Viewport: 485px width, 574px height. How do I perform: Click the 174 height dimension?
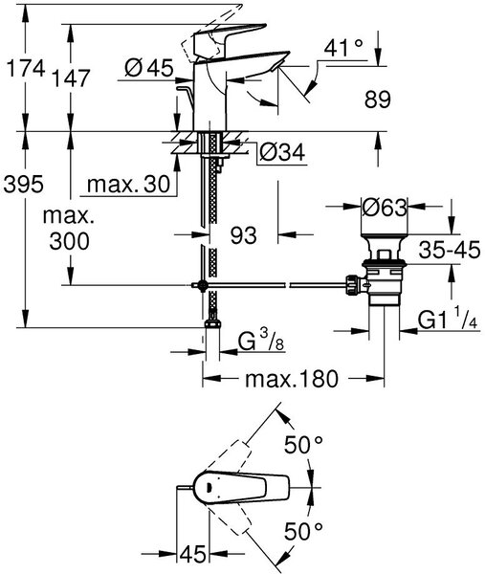point(26,68)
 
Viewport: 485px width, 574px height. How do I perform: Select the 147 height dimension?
point(71,78)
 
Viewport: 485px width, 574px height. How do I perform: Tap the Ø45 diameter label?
point(149,68)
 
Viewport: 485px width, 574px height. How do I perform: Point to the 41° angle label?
point(343,48)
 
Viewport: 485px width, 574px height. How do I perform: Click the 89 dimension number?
point(378,99)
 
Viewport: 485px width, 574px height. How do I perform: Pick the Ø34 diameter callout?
point(282,152)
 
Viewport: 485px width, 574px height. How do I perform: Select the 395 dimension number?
point(23,184)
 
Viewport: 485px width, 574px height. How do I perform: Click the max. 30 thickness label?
point(128,184)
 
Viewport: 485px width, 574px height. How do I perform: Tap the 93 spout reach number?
point(244,235)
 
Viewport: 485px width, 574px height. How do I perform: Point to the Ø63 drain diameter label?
point(385,209)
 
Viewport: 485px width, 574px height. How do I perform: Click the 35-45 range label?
point(450,250)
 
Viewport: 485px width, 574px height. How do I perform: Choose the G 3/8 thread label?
point(261,341)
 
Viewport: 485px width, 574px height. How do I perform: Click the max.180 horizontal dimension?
point(292,379)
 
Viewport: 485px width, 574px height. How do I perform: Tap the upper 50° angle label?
point(304,445)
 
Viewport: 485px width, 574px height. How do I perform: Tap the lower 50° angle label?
point(304,532)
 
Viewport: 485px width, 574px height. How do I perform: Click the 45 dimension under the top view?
point(193,554)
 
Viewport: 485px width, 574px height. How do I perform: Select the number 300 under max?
point(69,241)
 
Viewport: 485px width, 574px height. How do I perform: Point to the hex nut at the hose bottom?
point(212,323)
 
